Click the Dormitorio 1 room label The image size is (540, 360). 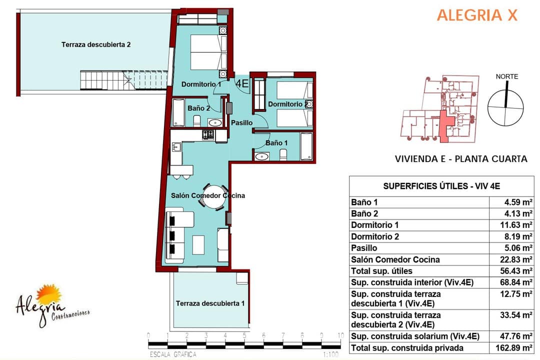(x=201, y=84)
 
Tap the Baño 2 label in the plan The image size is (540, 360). (x=198, y=108)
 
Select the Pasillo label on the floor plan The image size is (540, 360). (x=242, y=122)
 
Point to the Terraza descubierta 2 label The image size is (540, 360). (x=96, y=44)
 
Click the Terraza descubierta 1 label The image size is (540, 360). (x=210, y=303)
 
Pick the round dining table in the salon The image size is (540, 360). (x=214, y=196)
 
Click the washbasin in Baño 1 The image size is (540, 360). (x=262, y=156)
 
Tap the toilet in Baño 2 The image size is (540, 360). (x=197, y=121)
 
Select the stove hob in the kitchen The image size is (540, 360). (x=208, y=134)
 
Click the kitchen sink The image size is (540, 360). (x=176, y=147)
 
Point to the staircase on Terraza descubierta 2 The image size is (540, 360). (x=124, y=80)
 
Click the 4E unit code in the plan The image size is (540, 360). (x=242, y=83)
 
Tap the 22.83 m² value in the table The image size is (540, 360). (x=516, y=259)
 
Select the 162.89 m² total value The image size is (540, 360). (x=514, y=347)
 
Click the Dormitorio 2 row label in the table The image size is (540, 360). (x=375, y=236)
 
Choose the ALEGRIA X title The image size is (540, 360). (x=477, y=15)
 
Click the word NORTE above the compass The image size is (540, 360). (x=507, y=76)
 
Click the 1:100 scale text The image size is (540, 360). (x=330, y=354)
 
